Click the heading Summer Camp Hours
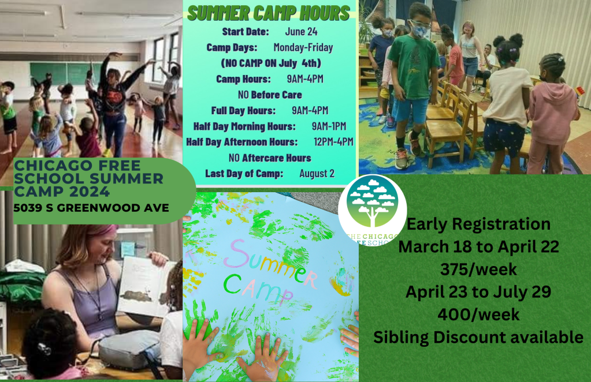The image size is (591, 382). pos(269,13)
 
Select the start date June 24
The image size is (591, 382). pos(301,32)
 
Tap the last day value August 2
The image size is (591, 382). pos(317,173)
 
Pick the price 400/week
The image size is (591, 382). pos(479,314)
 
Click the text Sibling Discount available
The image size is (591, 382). pos(478,337)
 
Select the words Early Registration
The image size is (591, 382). pos(479,224)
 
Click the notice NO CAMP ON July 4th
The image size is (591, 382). pos(270,63)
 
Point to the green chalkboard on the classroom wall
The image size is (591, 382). pos(58,72)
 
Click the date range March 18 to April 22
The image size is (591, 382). pos(479,246)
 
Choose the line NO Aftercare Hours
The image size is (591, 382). pos(270,158)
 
